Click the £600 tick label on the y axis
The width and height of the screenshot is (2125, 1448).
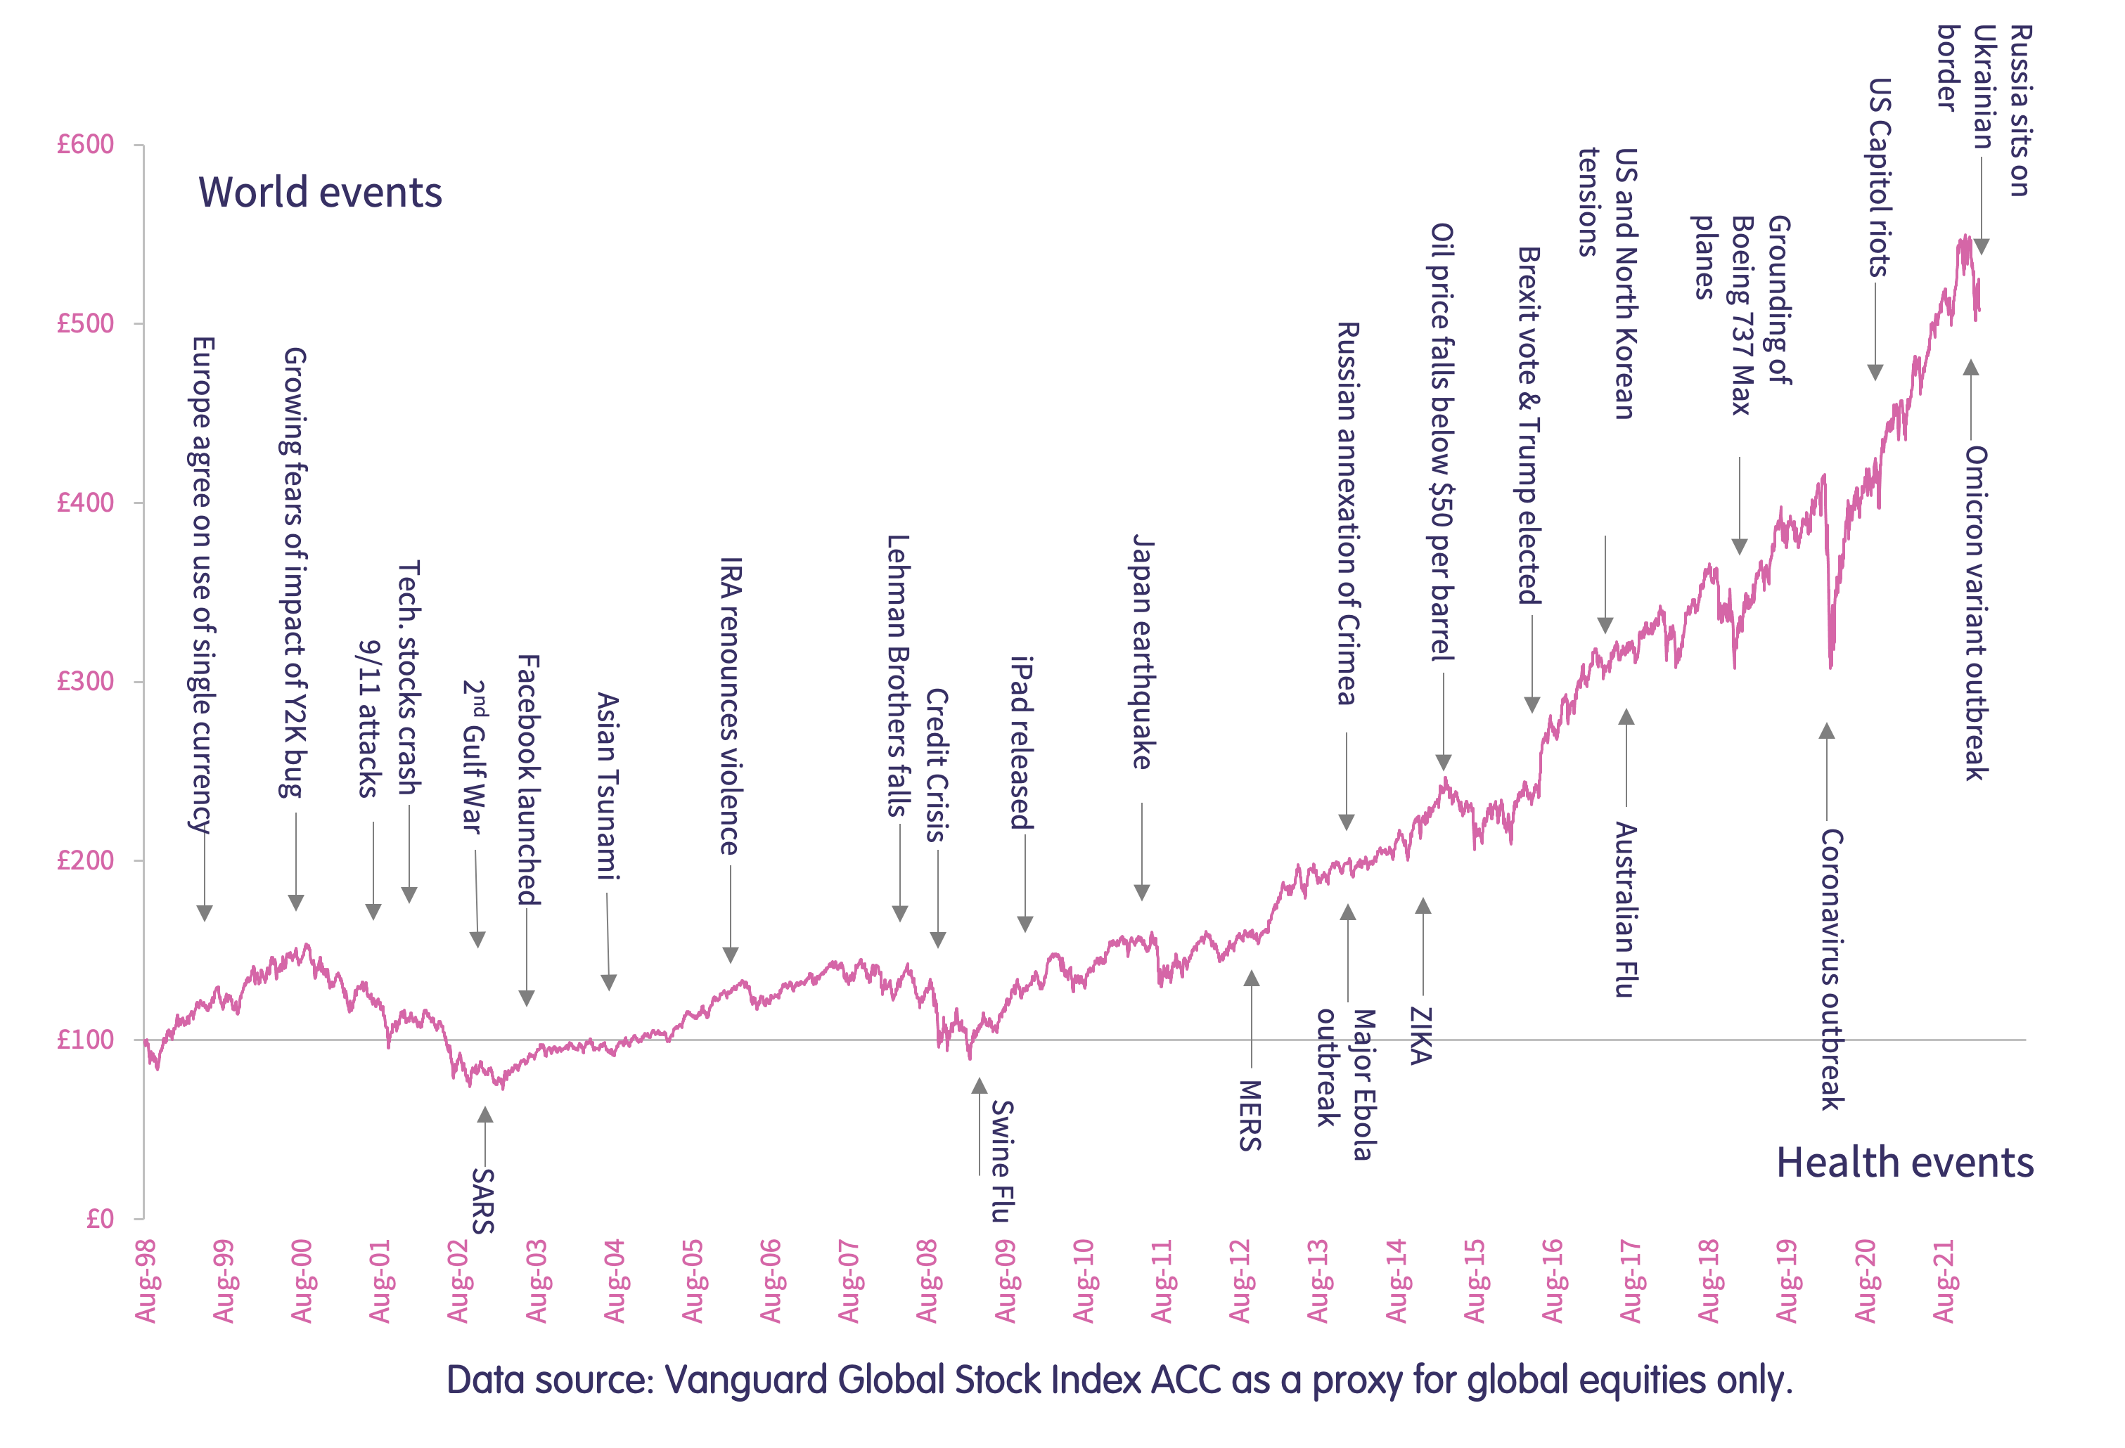pos(85,144)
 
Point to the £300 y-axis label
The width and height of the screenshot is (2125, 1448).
pos(85,681)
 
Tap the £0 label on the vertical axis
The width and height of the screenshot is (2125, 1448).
pos(100,1219)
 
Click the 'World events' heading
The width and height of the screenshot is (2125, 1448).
pos(320,193)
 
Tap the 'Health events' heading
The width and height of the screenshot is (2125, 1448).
pos(1905,1163)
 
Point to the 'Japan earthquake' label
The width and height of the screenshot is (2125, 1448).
pos(1143,651)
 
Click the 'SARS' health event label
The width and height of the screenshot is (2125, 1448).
pos(483,1201)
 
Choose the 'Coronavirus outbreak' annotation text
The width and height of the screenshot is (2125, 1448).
pos(1832,969)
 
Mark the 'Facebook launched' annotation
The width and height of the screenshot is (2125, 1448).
pos(529,779)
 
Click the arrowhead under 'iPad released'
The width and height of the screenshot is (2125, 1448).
pos(1025,924)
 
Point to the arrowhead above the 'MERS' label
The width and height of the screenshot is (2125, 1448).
pos(1251,979)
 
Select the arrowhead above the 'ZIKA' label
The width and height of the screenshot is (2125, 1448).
pos(1423,906)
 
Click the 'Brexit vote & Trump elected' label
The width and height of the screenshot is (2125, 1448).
pos(1529,426)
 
